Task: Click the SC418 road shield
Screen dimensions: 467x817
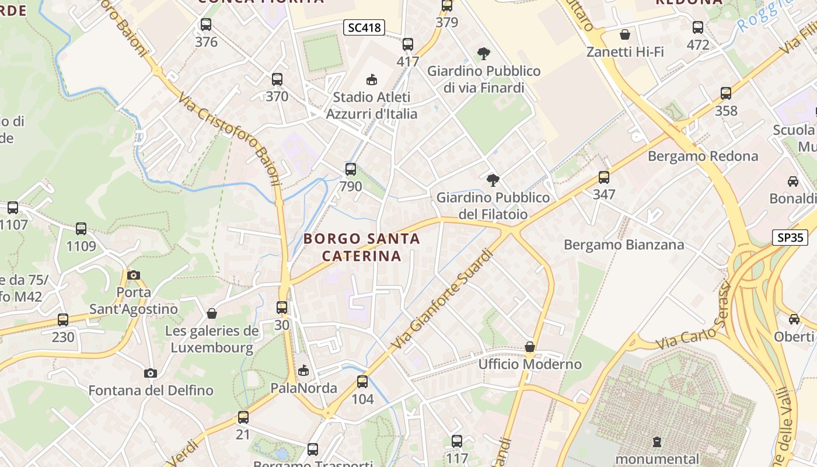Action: [364, 27]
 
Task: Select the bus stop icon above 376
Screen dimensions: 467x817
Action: [206, 25]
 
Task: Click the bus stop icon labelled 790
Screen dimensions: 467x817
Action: [350, 169]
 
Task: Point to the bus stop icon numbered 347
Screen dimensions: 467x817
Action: [604, 177]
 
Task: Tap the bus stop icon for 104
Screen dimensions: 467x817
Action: [362, 382]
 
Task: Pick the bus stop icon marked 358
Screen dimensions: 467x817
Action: [726, 93]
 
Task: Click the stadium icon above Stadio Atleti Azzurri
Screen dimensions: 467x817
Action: [371, 79]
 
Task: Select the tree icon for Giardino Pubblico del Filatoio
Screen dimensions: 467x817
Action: [493, 180]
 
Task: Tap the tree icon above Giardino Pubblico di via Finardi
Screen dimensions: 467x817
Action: [483, 54]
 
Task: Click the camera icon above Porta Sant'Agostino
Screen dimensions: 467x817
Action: [134, 275]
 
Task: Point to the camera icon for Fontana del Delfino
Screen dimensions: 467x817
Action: [151, 373]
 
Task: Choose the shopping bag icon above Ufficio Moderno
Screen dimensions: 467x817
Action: [530, 347]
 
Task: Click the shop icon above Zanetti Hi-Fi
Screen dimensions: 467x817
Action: [625, 34]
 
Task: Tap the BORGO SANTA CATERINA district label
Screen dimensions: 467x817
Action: [362, 247]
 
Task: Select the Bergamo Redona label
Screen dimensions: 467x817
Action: [703, 156]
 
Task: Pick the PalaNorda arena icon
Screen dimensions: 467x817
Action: [303, 371]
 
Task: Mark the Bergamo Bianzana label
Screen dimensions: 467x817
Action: [623, 245]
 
